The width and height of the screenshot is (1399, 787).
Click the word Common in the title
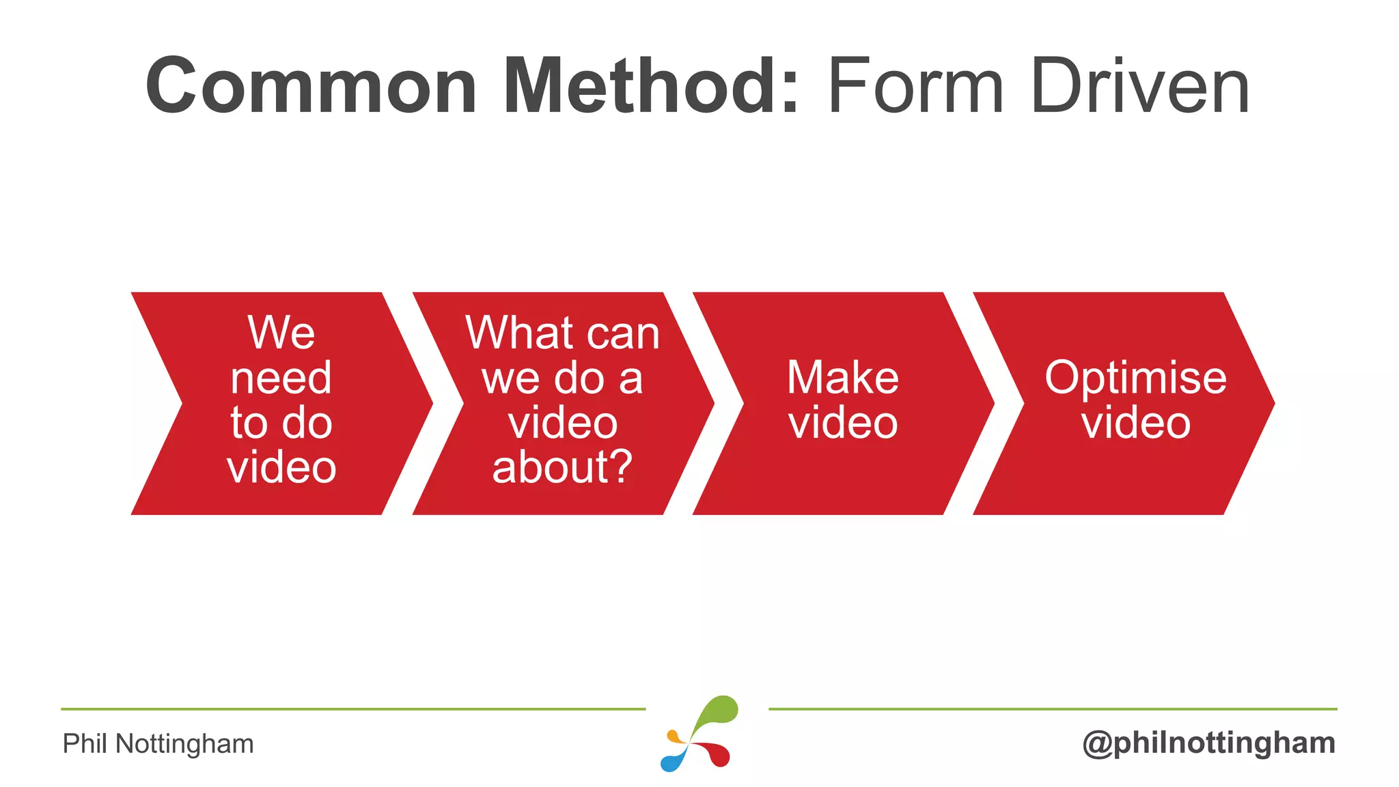[311, 87]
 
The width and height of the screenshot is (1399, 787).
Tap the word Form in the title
[915, 87]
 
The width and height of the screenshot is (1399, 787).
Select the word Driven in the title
[1140, 87]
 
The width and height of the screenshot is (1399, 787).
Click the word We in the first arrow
[281, 333]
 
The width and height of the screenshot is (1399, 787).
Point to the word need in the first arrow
[281, 378]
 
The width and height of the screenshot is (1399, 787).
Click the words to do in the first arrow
[281, 423]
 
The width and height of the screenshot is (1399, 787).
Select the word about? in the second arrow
[562, 468]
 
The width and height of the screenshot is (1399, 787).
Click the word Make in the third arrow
[842, 378]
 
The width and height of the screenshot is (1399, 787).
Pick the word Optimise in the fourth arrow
[1135, 378]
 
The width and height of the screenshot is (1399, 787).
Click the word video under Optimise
[1135, 423]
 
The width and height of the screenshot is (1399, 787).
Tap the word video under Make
[842, 423]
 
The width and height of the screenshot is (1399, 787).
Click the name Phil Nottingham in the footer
[158, 743]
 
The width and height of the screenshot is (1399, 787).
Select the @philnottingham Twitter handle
[1208, 743]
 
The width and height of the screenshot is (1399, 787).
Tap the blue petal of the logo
[674, 760]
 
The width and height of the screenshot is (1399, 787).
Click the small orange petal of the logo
[675, 737]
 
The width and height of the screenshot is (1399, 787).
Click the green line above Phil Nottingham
[352, 709]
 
